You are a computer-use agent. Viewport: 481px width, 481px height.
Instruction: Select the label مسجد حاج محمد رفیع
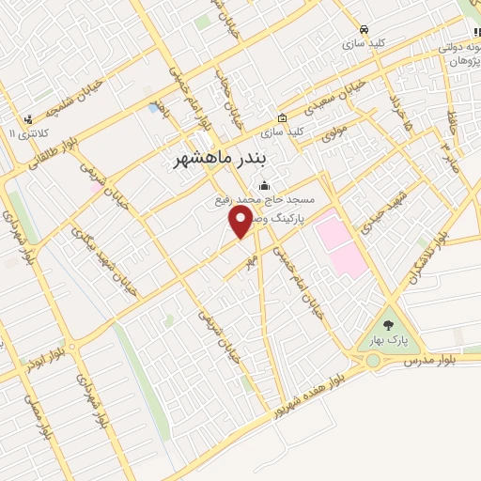tap(264, 200)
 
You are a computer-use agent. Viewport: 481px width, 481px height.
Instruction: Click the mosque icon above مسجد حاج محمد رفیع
tap(264, 185)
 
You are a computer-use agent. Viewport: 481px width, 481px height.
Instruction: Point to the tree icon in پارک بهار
tap(388, 321)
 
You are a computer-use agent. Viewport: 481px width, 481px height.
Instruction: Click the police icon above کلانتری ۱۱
tap(29, 119)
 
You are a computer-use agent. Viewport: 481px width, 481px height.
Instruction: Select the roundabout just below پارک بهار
tap(373, 360)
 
